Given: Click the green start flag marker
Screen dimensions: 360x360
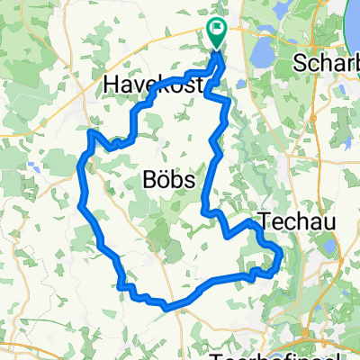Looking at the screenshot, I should [x=217, y=33].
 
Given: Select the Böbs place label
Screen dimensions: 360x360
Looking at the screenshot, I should [x=170, y=180].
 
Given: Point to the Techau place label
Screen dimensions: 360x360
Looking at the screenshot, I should [x=292, y=218].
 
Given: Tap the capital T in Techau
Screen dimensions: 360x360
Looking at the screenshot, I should [x=265, y=218].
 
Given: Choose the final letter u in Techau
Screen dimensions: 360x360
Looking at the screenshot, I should [x=317, y=218].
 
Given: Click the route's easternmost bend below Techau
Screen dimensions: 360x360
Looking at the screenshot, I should [x=280, y=258].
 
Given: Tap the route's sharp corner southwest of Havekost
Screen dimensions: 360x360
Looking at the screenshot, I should [x=91, y=133].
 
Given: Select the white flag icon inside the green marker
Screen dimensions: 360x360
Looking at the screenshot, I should [x=217, y=28].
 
